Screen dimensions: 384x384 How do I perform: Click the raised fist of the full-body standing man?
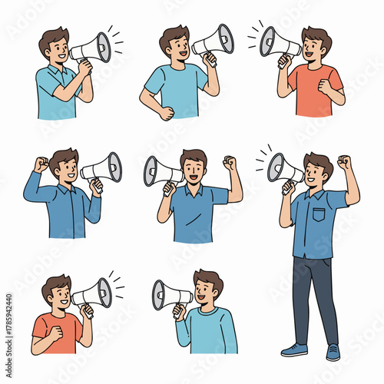344,162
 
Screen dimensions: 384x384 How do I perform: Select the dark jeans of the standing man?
315,296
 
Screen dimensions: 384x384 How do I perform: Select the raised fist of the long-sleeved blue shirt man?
41,164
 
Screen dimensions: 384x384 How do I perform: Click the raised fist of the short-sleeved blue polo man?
229,163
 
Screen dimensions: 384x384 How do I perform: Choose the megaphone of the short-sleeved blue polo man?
162,171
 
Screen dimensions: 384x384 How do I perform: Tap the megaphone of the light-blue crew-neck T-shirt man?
213,40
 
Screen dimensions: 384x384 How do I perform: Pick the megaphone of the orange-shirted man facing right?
93,293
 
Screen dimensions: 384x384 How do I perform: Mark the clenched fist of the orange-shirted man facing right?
54,332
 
